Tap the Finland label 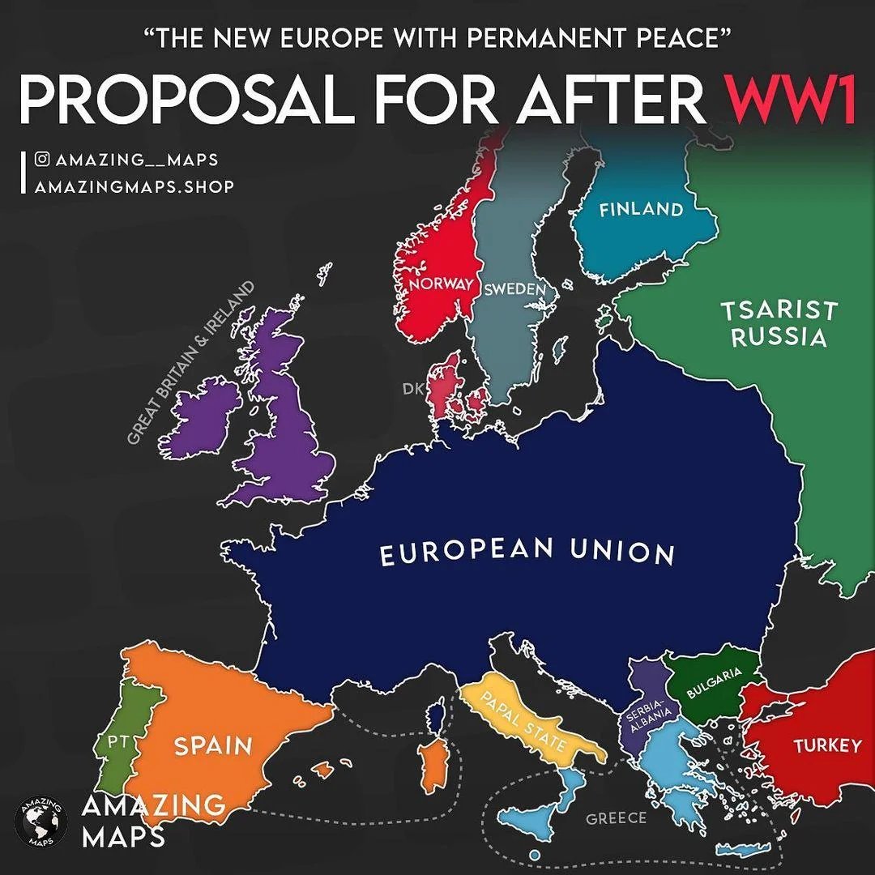click(x=641, y=210)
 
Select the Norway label click(x=440, y=284)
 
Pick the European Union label click(x=527, y=553)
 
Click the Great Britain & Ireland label click(x=190, y=363)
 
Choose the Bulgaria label click(x=714, y=683)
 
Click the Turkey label click(x=827, y=745)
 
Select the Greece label click(x=617, y=818)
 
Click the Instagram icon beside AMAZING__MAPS click(x=42, y=160)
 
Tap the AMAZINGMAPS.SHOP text click(x=134, y=187)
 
